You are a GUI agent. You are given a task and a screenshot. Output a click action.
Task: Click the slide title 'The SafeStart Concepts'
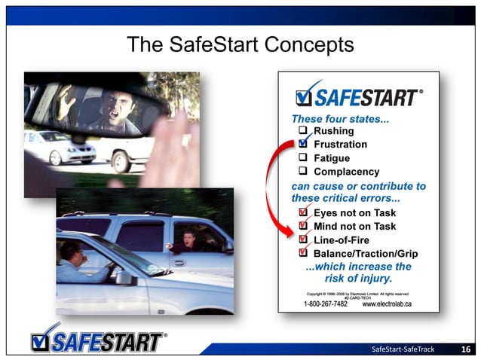click(x=240, y=44)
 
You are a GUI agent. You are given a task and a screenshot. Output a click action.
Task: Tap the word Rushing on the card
click(x=333, y=131)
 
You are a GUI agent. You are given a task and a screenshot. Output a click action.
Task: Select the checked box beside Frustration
click(x=303, y=143)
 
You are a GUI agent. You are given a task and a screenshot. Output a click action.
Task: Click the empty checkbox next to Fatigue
click(x=303, y=158)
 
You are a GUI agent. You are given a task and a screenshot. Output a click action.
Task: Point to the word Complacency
click(x=346, y=172)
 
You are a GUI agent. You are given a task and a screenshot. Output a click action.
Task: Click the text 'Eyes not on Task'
click(x=354, y=213)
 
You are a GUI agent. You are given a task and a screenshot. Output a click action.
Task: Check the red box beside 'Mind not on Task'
click(x=303, y=225)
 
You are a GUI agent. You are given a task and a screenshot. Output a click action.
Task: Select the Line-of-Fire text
click(x=340, y=239)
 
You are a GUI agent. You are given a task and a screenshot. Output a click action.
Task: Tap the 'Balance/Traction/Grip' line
click(x=365, y=253)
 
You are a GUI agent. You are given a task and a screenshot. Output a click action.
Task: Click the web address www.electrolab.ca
click(x=387, y=304)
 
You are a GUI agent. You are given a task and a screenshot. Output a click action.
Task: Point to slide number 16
click(x=465, y=349)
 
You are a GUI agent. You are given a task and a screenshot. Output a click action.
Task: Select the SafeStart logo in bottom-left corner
click(x=98, y=339)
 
